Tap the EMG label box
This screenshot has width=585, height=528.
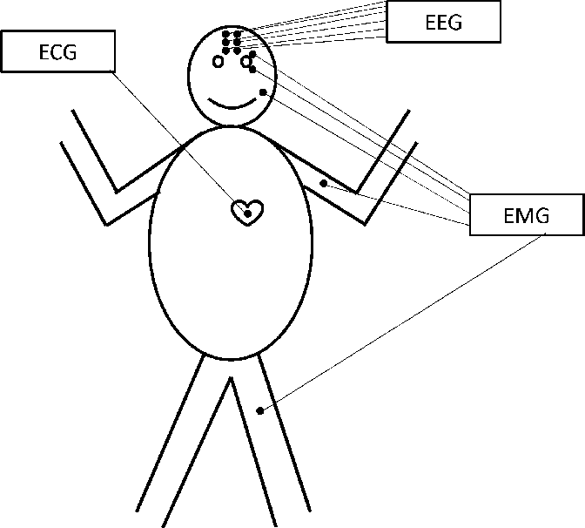point(526,214)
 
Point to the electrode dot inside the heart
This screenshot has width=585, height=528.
point(247,212)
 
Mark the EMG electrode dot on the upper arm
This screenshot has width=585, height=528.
point(324,183)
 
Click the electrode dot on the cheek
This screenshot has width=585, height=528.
point(262,91)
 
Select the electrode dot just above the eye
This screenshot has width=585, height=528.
point(252,55)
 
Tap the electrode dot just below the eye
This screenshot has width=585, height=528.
point(252,70)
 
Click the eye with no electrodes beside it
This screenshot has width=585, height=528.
point(218,61)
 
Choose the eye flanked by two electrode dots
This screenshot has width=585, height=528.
point(246,62)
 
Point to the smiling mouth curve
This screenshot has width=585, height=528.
point(233,105)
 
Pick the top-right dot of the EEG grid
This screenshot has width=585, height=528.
point(237,34)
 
